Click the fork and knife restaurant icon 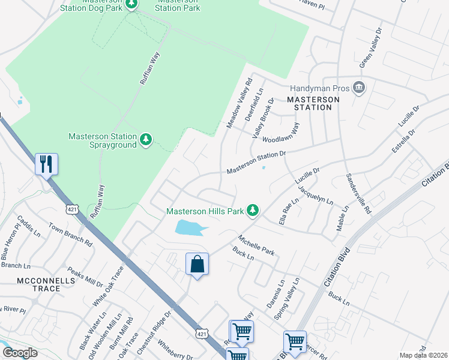pyautogui.click(x=47, y=164)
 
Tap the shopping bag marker pyautogui.click(x=197, y=264)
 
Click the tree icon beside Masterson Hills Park pyautogui.click(x=253, y=210)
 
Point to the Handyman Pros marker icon pyautogui.click(x=359, y=88)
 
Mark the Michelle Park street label pyautogui.click(x=256, y=245)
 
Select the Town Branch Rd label pyautogui.click(x=70, y=235)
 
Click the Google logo pyautogui.click(x=20, y=353)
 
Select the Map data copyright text pyautogui.click(x=423, y=355)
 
